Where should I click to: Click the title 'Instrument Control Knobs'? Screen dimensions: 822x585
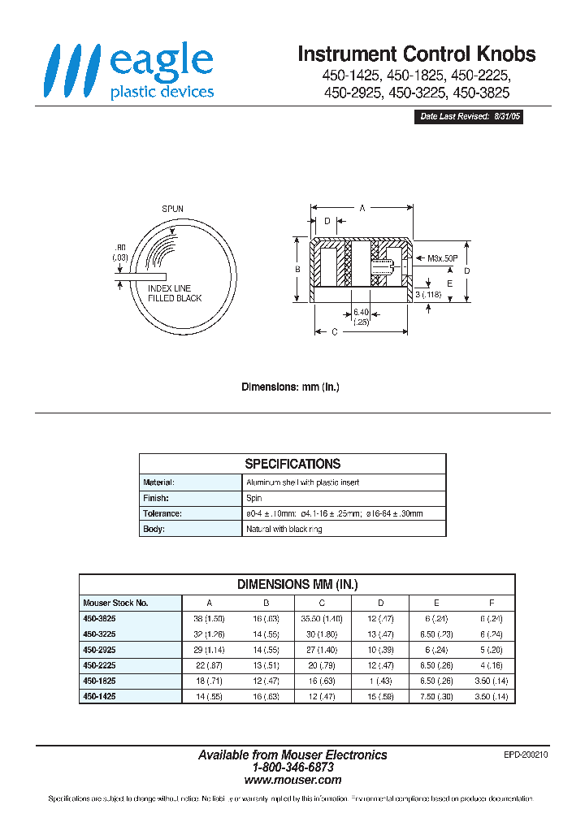tap(416, 54)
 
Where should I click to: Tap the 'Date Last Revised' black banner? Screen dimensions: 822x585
tap(470, 117)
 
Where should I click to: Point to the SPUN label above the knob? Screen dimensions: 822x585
tap(172, 209)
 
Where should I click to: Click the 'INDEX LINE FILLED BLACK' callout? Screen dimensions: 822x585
tap(174, 293)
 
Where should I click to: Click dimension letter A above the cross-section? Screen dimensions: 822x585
tap(362, 208)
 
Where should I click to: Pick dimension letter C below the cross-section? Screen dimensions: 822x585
tap(335, 331)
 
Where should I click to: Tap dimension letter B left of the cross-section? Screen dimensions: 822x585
tap(298, 269)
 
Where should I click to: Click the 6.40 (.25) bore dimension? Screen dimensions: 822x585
tap(362, 317)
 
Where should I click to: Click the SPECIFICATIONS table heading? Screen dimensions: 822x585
tap(292, 464)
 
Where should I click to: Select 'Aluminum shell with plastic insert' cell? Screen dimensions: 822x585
tap(302, 482)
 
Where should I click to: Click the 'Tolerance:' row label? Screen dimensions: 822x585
tap(162, 513)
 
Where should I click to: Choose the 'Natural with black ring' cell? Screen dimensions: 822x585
tap(284, 529)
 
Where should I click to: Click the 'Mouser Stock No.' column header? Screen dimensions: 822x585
tap(115, 603)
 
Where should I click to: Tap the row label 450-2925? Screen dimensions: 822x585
tap(98, 651)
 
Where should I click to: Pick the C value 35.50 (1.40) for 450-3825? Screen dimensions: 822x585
tap(321, 619)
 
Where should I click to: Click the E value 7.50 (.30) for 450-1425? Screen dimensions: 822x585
tap(436, 697)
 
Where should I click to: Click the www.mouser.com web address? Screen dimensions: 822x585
tap(292, 779)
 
